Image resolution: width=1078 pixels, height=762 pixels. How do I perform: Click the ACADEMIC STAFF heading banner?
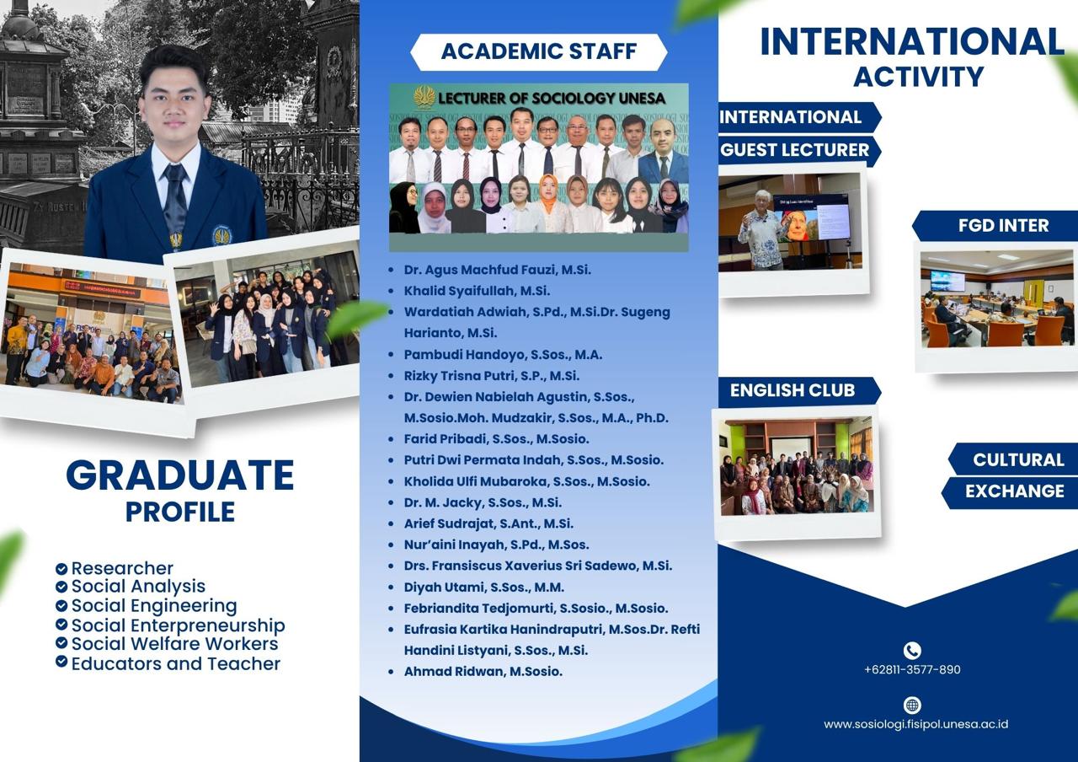[538, 51]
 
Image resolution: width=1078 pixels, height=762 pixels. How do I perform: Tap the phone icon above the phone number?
[912, 650]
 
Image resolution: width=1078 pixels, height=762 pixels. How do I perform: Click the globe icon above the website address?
[912, 706]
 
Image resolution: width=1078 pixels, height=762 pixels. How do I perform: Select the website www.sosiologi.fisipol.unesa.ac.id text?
[915, 724]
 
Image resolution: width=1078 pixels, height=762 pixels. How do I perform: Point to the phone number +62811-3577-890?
[912, 669]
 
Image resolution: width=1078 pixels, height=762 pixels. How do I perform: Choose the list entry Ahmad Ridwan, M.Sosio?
[483, 672]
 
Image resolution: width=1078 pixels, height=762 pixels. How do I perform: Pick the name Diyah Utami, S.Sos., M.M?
[484, 588]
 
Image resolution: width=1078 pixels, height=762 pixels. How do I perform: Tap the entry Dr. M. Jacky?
[483, 502]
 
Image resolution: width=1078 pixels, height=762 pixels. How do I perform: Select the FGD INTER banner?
[995, 225]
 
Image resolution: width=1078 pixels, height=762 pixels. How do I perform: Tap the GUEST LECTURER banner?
[799, 150]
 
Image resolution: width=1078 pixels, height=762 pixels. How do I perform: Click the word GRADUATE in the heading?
[180, 475]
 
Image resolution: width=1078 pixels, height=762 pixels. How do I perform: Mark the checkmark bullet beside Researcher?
[61, 569]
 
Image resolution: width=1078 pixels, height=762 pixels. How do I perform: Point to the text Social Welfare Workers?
[174, 644]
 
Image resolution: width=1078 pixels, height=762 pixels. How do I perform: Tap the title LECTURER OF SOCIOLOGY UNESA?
[552, 99]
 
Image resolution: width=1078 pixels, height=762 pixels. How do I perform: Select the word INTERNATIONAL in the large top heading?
[912, 42]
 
